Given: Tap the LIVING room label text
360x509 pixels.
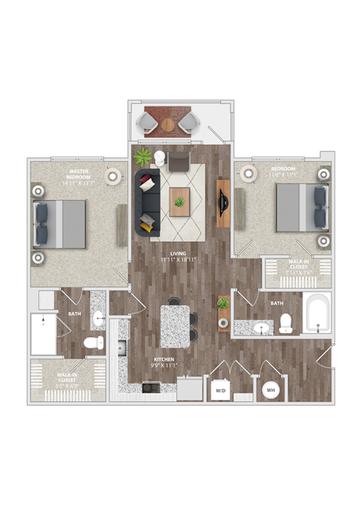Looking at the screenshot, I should point(178,254).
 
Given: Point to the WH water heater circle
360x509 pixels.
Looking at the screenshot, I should point(270,391).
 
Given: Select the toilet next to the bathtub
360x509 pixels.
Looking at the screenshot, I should point(285,323).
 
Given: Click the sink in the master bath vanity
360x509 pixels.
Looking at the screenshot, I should point(99,317).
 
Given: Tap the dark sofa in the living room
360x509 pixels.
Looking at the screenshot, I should point(148,201).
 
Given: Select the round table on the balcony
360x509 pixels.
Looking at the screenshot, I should point(166,124).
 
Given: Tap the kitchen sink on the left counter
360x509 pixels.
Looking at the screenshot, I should point(121,348).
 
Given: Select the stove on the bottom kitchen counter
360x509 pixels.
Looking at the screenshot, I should point(150,388).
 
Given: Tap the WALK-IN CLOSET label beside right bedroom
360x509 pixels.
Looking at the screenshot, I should point(298,268).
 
